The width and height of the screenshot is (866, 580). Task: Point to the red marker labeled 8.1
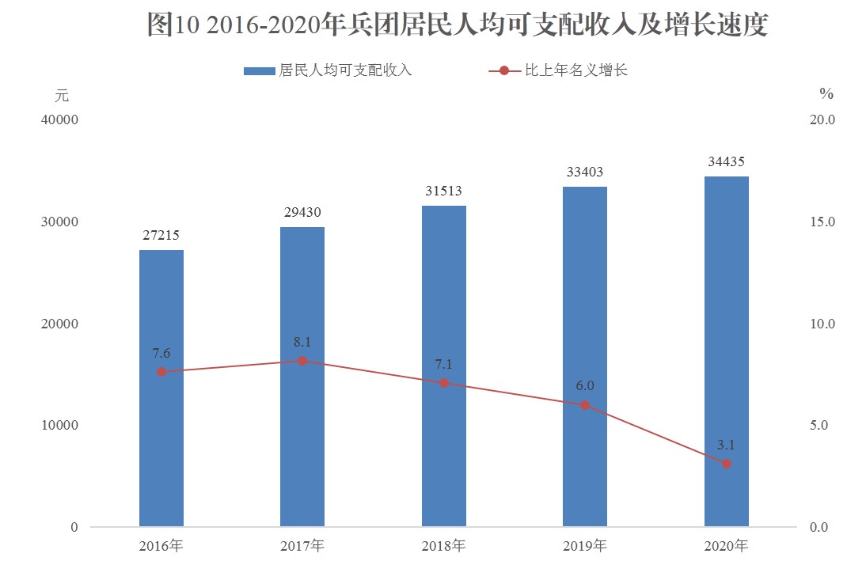302,361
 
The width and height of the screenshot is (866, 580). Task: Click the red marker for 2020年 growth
727,464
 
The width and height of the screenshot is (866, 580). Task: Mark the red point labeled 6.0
585,405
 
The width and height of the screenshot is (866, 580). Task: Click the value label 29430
302,213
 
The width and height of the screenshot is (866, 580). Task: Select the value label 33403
585,172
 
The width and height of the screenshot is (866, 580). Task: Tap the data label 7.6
161,353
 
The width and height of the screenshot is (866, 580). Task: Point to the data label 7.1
444,364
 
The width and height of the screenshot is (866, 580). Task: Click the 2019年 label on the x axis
585,546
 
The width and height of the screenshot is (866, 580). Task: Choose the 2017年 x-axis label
302,546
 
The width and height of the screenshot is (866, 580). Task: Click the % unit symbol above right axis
826,94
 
